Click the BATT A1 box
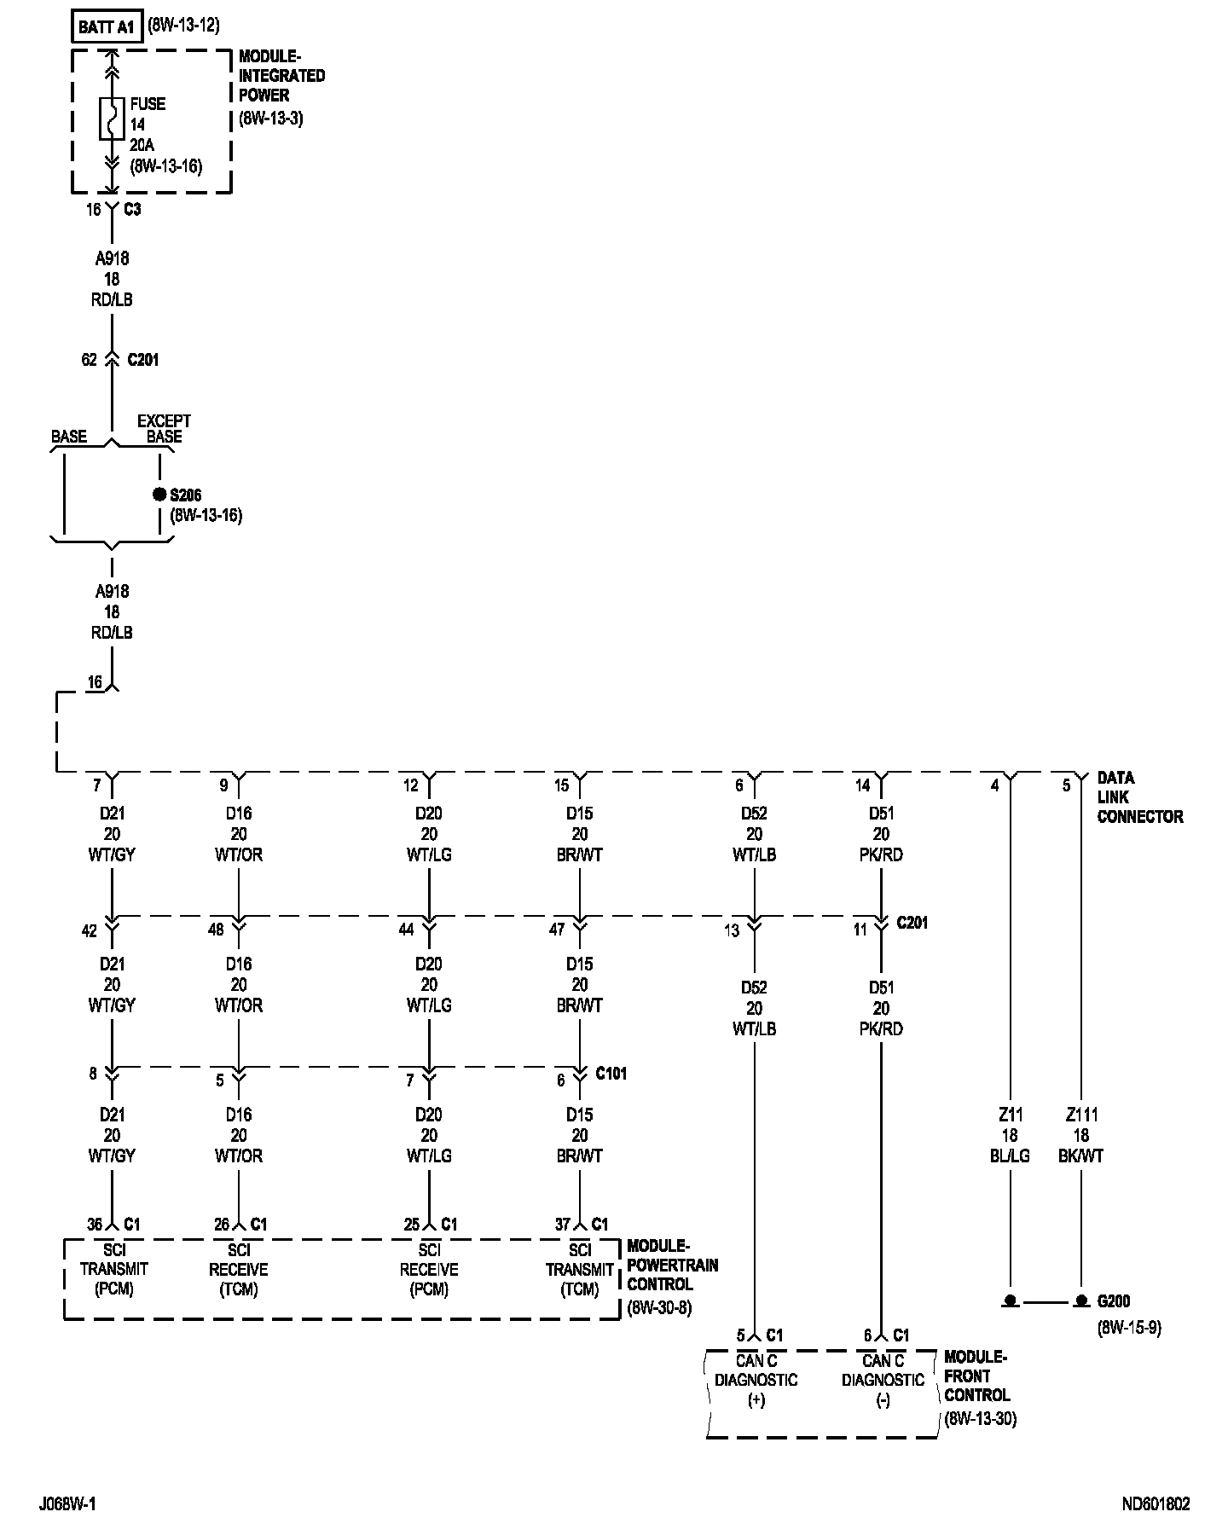[x=107, y=27]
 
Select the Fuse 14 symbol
[x=111, y=119]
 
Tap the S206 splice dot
[x=159, y=495]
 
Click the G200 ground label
[x=1113, y=1301]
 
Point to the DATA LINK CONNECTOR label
[x=1139, y=797]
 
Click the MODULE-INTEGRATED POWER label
[x=281, y=76]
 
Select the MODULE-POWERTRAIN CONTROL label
[x=672, y=1266]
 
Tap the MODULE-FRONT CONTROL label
[x=976, y=1376]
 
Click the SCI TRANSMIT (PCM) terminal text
[x=113, y=1269]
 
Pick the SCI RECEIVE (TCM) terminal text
[x=239, y=1269]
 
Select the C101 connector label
[x=611, y=1073]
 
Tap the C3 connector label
[x=132, y=209]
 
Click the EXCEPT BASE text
[x=164, y=428]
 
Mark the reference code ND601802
[x=1156, y=1503]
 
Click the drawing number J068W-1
[x=67, y=1503]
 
